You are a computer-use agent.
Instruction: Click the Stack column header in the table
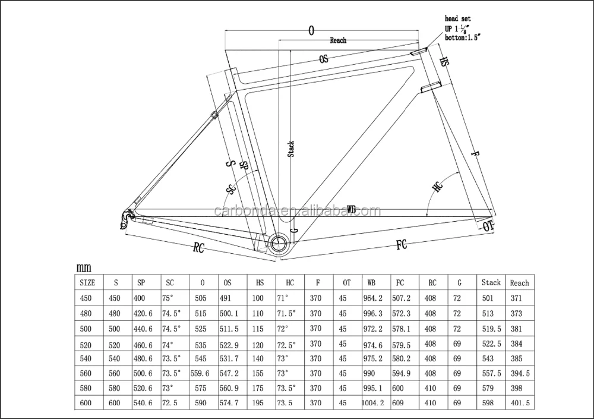pos(491,282)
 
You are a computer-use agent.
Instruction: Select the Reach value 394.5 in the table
pos(520,373)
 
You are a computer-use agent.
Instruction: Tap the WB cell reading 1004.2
pos(374,403)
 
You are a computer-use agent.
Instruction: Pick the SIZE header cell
pos(87,282)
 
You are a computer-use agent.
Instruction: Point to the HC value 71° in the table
pos(283,298)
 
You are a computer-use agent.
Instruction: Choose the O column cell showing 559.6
pos(200,373)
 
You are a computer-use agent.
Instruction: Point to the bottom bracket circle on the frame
pos(277,243)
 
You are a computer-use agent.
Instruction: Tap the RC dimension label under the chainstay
pos(198,248)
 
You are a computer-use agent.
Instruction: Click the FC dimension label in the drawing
pos(401,245)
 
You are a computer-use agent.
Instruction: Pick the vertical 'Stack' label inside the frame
pos(291,149)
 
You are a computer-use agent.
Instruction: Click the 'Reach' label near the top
pos(338,41)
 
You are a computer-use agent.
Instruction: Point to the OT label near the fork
pos(487,225)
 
